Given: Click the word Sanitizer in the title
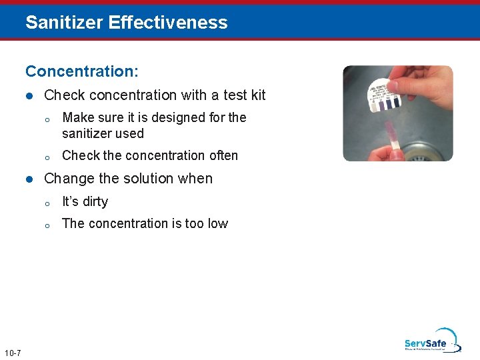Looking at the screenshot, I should coord(64,22).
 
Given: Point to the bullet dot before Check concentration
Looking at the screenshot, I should coord(29,96).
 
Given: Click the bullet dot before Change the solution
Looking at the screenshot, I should coord(29,179).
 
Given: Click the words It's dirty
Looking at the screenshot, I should coord(85,201).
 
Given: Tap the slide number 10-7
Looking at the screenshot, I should coord(12,352).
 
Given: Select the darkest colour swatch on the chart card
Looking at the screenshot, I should coord(396,102).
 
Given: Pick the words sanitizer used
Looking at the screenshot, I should coord(103,133).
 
